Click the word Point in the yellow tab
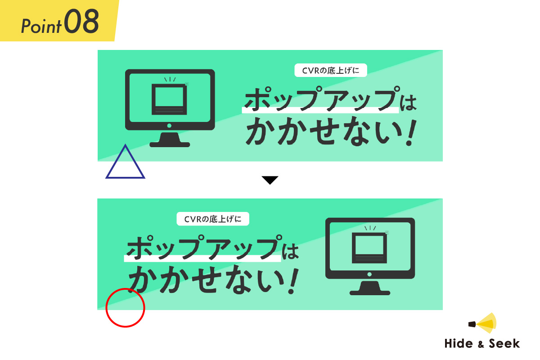click(x=41, y=26)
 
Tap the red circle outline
click(x=125, y=308)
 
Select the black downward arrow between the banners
click(x=270, y=180)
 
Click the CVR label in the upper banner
click(x=330, y=71)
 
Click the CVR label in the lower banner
click(x=213, y=219)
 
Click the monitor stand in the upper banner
click(x=170, y=140)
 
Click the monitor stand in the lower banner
click(x=370, y=289)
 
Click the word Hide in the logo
click(x=459, y=344)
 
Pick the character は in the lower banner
click(x=291, y=251)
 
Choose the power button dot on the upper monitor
click(x=170, y=126)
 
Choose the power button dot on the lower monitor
click(x=370, y=274)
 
